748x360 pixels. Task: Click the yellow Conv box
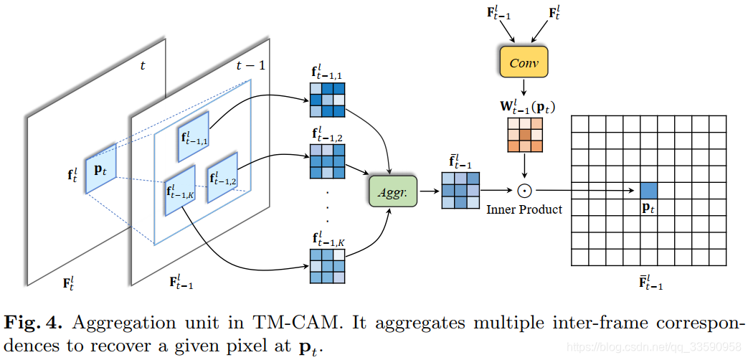coord(523,63)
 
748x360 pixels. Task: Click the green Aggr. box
coord(392,191)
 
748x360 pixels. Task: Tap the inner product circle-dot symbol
coord(524,191)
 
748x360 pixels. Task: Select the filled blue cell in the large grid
coord(648,191)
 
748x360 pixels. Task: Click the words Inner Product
coord(524,209)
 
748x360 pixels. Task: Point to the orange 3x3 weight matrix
coord(524,135)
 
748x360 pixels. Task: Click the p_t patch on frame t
coord(100,168)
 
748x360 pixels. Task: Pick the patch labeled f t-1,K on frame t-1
coord(179,191)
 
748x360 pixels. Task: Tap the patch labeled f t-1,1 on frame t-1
coord(193,136)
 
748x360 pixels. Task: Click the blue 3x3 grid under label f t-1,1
coord(328,100)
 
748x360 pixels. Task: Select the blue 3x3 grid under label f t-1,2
coord(328,161)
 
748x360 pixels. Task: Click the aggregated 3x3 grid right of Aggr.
coord(460,191)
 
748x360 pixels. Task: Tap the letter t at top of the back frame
coord(143,65)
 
